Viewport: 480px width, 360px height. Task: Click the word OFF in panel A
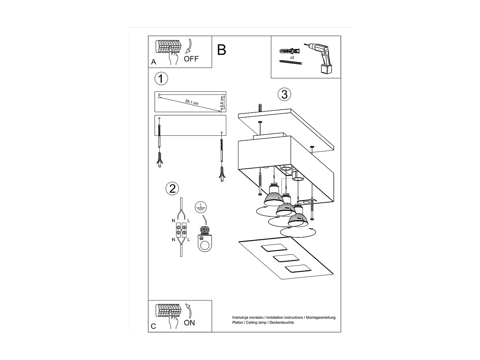pos(191,59)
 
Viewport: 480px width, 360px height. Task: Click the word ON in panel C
pos(189,323)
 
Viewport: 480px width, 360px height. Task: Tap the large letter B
pos(221,50)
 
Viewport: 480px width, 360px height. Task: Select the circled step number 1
pos(161,79)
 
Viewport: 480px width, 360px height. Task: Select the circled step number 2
pos(172,188)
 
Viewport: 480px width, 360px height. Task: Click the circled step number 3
pos(284,95)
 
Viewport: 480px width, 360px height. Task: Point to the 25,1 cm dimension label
pos(192,102)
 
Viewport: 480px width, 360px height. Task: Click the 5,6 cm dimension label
pos(221,102)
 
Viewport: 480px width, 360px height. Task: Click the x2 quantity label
pos(292,57)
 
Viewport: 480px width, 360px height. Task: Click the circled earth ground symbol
pos(201,208)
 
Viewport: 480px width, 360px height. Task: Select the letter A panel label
pos(154,62)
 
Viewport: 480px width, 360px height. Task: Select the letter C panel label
pos(153,326)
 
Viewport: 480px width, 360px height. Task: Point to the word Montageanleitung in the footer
pos(321,317)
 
